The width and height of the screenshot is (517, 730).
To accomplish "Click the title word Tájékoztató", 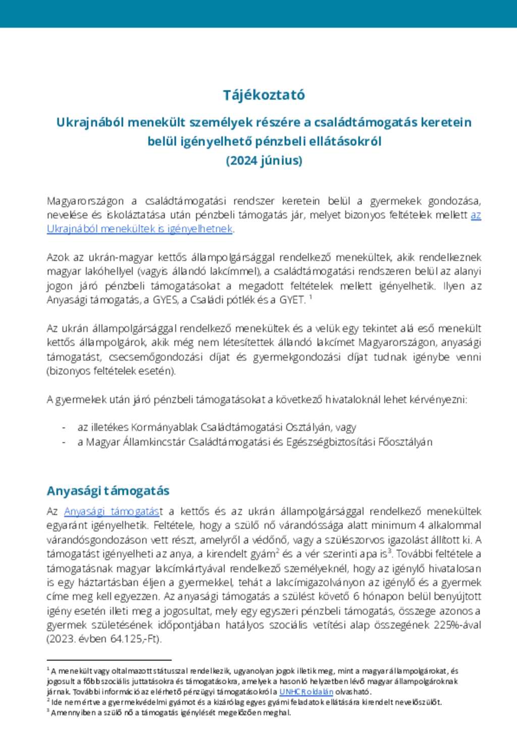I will click(x=264, y=95).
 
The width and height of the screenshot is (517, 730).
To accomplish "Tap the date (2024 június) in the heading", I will click(x=264, y=160).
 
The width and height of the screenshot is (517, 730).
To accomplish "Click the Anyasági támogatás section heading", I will click(x=108, y=491).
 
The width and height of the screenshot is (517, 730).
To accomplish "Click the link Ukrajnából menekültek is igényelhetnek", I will click(x=140, y=229).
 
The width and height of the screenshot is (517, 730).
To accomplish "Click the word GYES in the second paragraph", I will click(x=165, y=300).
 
